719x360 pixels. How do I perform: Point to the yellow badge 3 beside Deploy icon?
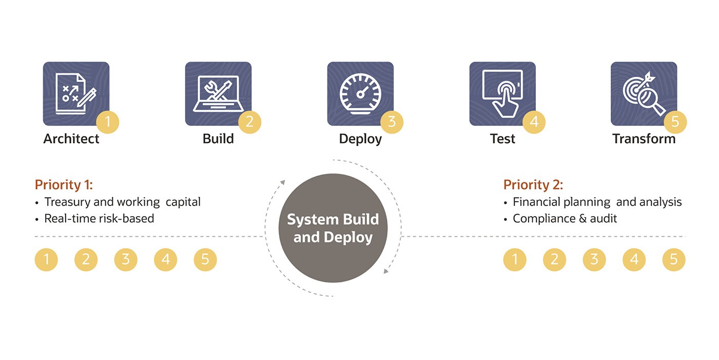click(x=392, y=122)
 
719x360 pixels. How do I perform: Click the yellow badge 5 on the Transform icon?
click(x=675, y=122)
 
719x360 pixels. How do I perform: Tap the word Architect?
click(x=71, y=139)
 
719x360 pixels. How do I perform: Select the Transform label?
click(x=644, y=139)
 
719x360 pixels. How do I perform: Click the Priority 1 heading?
click(x=64, y=185)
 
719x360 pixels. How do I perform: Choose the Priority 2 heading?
click(x=533, y=185)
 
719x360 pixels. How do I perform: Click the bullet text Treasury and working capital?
click(x=122, y=202)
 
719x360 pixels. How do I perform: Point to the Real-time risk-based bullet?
click(x=99, y=218)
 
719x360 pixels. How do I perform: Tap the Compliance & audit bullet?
click(x=565, y=218)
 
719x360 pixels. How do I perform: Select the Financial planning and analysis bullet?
click(x=597, y=202)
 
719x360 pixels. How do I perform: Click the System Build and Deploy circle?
click(x=333, y=228)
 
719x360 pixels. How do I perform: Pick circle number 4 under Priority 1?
click(x=165, y=260)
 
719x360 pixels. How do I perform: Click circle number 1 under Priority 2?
click(x=515, y=260)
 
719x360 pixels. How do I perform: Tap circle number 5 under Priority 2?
click(x=673, y=260)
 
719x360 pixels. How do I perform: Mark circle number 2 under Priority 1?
click(x=86, y=260)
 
